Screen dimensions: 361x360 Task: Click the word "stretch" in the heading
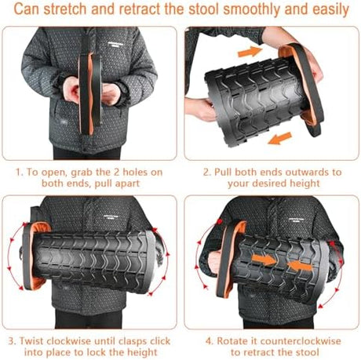(65, 9)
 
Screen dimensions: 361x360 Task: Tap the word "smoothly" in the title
(252, 9)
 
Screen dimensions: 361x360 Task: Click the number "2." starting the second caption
(207, 172)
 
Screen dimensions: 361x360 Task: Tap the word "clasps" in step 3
(133, 342)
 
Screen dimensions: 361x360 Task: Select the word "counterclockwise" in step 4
(301, 341)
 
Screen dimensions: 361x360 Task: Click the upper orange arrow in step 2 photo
(250, 52)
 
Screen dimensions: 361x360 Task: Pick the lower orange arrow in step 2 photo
(279, 138)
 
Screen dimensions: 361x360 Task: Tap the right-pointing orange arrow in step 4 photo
(264, 260)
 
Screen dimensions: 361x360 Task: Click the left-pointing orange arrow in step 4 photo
(300, 266)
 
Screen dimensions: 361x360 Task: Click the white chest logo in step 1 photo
(114, 44)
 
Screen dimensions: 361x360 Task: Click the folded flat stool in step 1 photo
(89, 93)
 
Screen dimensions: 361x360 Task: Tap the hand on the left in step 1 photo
(71, 90)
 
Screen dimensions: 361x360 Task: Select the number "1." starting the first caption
(20, 173)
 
